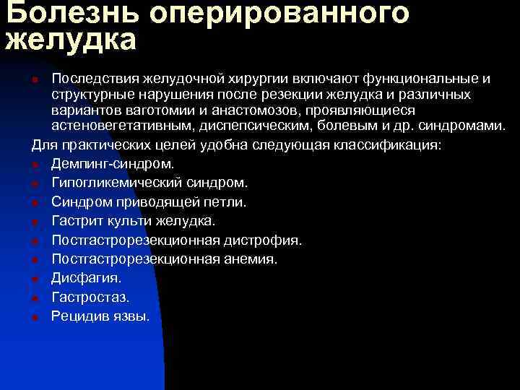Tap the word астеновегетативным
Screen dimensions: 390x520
coord(126,126)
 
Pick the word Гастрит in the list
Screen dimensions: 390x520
coord(76,220)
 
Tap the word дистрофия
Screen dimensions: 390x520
coord(267,239)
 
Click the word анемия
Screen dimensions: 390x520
coord(251,258)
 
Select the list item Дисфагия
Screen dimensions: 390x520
coord(86,277)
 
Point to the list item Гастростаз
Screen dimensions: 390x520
coord(90,296)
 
